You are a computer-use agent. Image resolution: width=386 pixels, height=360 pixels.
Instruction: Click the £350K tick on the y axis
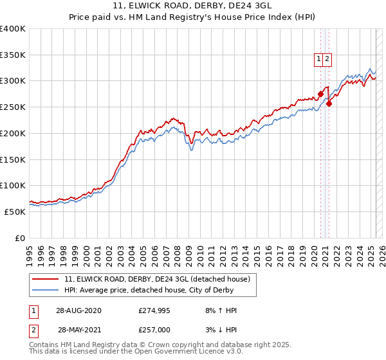pyautogui.click(x=13, y=55)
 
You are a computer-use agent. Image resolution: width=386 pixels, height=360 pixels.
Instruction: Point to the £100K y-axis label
pyautogui.click(x=13, y=185)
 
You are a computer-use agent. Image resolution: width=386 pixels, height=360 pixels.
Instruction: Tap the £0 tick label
pyautogui.click(x=20, y=238)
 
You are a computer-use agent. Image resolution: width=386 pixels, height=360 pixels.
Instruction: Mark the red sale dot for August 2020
pyautogui.click(x=320, y=94)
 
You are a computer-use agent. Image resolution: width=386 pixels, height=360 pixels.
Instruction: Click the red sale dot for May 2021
pyautogui.click(x=329, y=104)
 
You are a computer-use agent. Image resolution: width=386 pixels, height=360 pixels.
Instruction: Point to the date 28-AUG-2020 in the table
pyautogui.click(x=78, y=311)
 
